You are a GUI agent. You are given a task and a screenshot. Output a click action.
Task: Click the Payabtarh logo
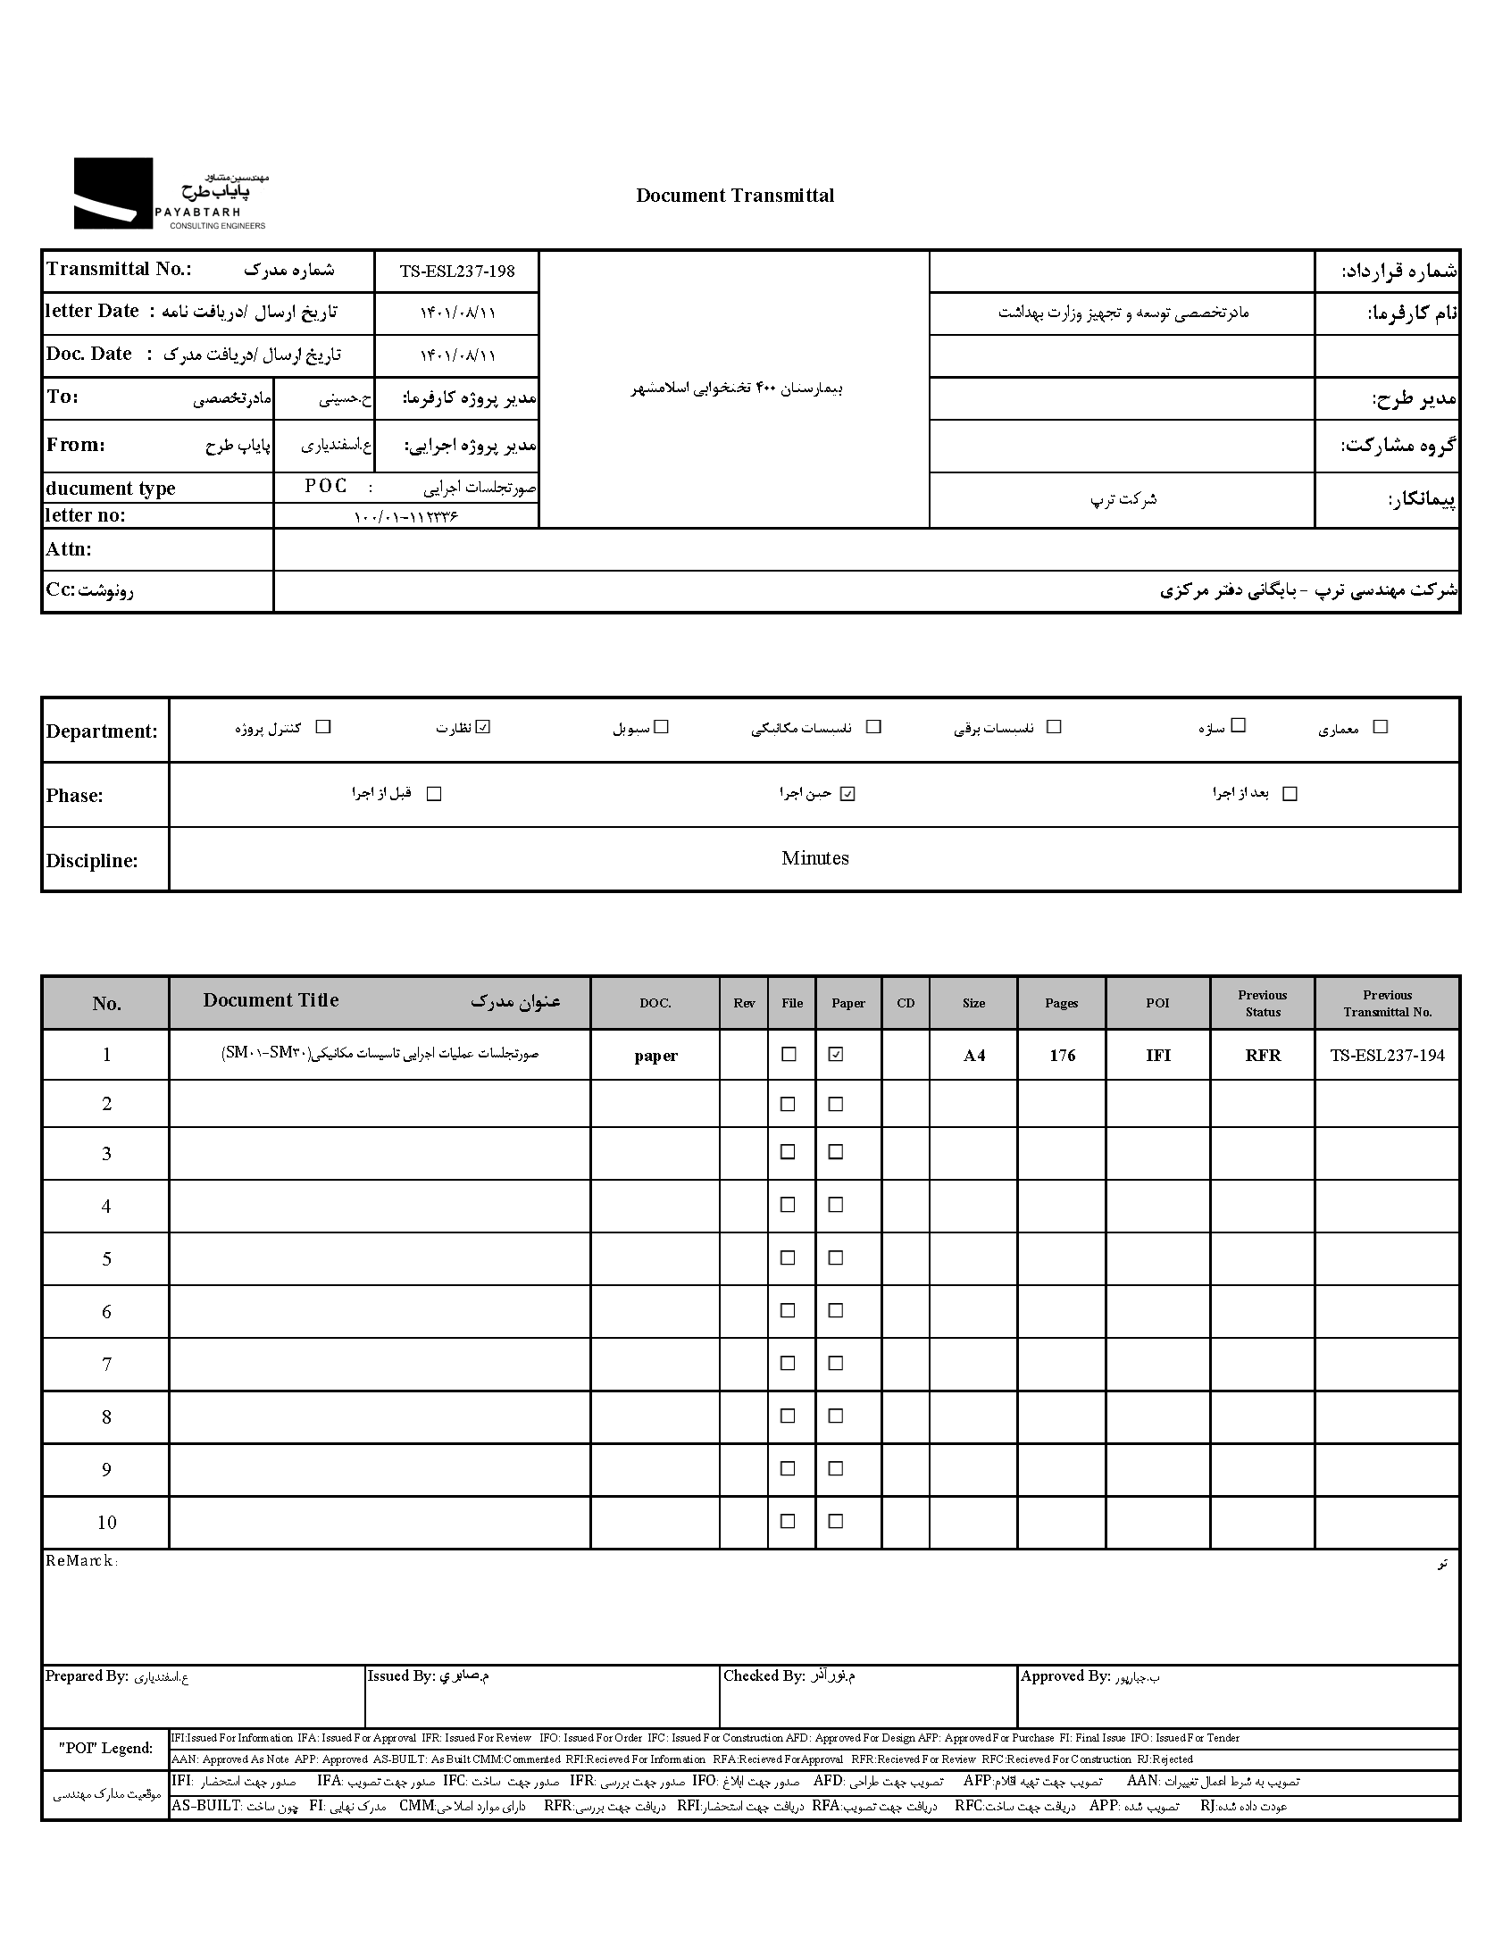point(170,194)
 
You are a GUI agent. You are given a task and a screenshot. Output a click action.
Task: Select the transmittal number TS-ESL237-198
point(456,272)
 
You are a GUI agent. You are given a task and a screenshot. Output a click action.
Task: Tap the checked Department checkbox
point(483,727)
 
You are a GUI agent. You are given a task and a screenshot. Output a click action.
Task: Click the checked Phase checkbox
point(847,794)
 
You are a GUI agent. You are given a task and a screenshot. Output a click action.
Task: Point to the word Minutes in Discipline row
point(814,858)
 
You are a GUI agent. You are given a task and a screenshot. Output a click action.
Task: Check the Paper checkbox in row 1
point(836,1055)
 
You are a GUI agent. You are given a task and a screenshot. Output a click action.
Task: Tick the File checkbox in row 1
point(789,1055)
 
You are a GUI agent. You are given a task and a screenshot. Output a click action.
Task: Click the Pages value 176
point(1062,1056)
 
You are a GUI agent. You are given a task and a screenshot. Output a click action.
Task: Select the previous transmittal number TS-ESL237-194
point(1387,1056)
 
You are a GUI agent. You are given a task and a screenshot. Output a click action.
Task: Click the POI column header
point(1157,1004)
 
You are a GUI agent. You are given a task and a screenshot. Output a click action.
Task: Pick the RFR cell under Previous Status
point(1262,1056)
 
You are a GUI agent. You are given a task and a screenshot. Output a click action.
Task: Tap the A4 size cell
point(974,1056)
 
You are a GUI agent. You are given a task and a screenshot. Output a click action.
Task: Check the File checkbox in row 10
point(789,1521)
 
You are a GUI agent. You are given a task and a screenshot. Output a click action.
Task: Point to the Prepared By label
point(87,1676)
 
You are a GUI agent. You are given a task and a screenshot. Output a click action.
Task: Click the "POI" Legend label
point(105,1748)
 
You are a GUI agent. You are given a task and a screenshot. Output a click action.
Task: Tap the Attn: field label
point(69,549)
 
